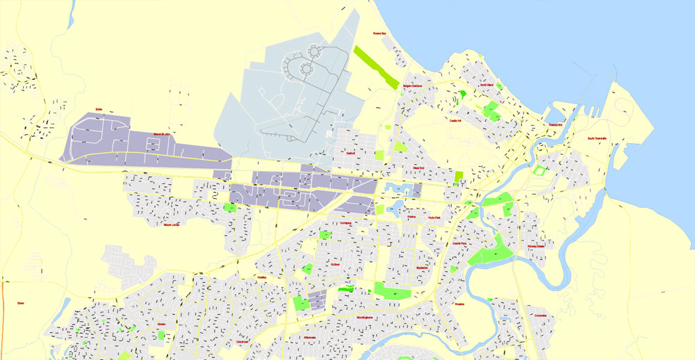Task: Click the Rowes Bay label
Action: [379, 33]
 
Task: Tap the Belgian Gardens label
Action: [413, 86]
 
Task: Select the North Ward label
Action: [486, 85]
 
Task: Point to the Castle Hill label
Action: [456, 120]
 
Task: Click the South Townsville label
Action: [597, 138]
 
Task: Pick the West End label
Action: [418, 167]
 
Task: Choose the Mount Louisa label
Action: [172, 224]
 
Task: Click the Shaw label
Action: [21, 303]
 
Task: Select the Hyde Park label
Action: [435, 218]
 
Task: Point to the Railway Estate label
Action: [536, 245]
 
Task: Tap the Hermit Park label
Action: [459, 243]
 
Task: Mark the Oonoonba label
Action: [541, 315]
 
